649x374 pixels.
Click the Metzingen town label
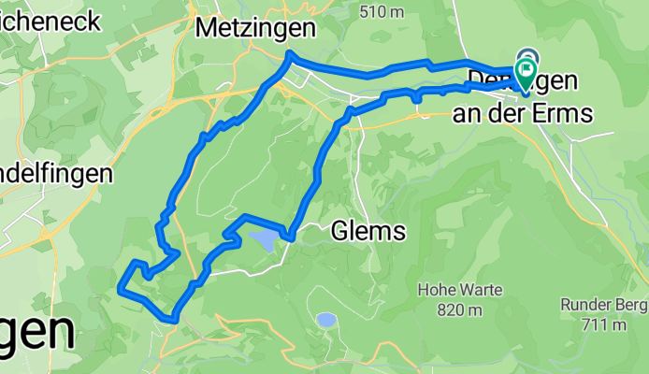coord(254,29)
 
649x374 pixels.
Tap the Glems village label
coord(368,231)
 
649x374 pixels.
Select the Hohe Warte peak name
coord(459,291)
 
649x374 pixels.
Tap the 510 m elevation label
coord(382,11)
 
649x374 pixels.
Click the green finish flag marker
coord(526,70)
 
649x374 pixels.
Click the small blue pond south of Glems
coord(325,320)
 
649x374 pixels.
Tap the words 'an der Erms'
coord(523,114)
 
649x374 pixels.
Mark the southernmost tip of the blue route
coord(173,320)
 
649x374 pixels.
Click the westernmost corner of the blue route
coord(119,290)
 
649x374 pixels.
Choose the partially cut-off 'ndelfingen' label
coord(56,174)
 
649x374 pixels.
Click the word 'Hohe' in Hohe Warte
coord(437,291)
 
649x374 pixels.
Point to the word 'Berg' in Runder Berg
coord(625,305)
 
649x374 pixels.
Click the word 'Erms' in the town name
coord(568,114)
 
